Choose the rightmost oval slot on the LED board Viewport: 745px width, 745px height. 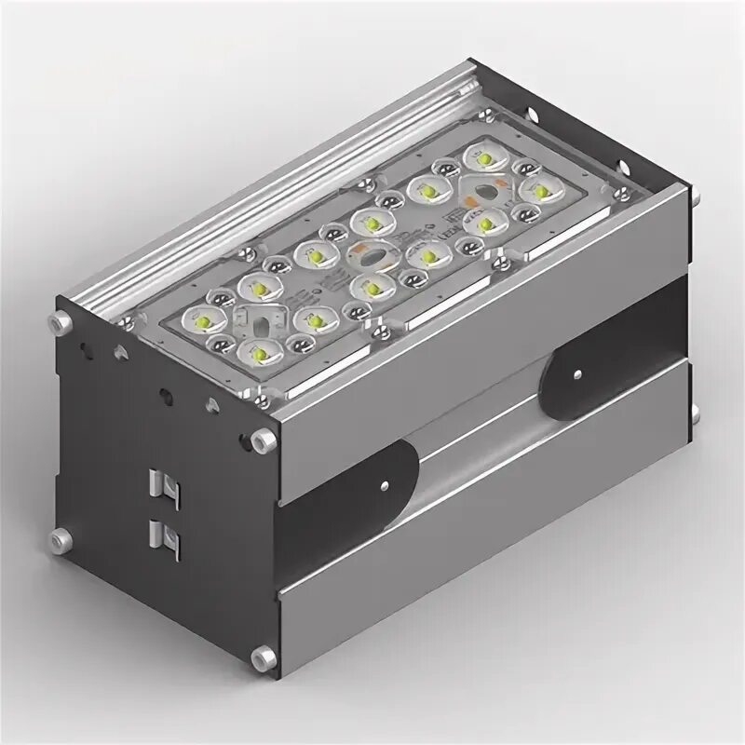coord(481,191)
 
